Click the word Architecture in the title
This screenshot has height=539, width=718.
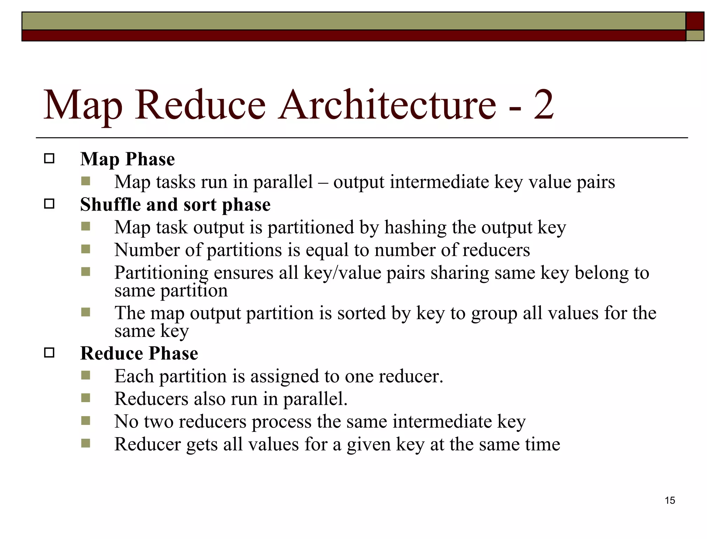click(387, 105)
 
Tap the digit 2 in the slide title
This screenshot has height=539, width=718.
click(543, 105)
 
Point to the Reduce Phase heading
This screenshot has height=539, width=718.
click(139, 353)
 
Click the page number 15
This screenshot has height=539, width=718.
click(670, 500)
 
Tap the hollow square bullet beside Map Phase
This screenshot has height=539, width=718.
click(49, 159)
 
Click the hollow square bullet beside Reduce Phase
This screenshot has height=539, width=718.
click(49, 353)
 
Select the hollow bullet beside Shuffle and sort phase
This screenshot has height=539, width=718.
click(49, 204)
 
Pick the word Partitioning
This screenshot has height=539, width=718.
click(161, 273)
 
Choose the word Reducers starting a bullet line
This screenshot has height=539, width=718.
click(151, 399)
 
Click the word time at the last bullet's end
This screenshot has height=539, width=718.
click(542, 444)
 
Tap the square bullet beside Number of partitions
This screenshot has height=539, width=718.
click(86, 249)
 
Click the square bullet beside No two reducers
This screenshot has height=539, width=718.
click(86, 421)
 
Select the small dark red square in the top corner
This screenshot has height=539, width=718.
click(695, 21)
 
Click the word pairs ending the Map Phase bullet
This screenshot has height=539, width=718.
click(596, 182)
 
